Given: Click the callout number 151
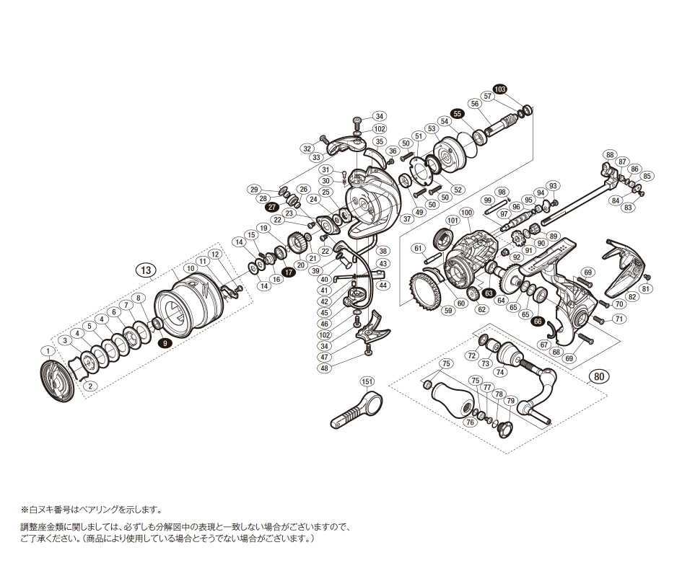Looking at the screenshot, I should point(367,381).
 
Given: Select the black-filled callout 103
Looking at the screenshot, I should point(499,89).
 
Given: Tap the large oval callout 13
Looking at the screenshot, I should point(147,270).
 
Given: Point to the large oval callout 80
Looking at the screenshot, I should point(598,376).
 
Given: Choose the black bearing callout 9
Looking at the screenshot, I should point(165,343).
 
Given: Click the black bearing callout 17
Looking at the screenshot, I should point(288,272).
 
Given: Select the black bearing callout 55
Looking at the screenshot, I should point(457,114).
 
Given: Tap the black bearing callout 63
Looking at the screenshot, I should point(489,293).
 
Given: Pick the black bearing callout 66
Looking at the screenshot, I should point(538,322).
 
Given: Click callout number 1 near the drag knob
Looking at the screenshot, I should point(48,350).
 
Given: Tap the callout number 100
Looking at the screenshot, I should point(465,213).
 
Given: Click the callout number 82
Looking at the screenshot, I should point(632,296).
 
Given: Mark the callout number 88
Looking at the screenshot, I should point(611,155).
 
